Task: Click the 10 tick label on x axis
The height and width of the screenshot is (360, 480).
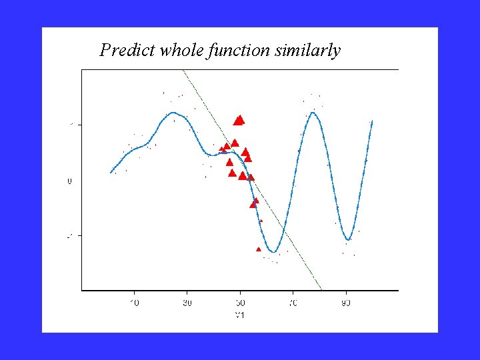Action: point(134,303)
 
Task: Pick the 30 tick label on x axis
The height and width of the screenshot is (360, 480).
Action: point(187,303)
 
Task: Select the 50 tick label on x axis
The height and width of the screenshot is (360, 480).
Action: point(240,303)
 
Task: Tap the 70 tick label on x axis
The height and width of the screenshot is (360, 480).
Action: point(293,303)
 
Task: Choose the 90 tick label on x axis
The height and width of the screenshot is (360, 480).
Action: point(346,303)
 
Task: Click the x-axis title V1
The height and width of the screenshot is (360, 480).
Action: point(240,315)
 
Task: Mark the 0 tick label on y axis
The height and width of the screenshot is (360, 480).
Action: point(69,181)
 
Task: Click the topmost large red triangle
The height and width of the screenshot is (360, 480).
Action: point(239,120)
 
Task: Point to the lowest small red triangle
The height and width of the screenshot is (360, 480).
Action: point(259,249)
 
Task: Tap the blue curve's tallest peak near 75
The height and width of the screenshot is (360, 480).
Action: point(313,112)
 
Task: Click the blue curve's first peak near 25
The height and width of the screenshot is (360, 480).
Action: point(173,113)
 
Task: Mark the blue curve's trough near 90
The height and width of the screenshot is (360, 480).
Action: point(348,239)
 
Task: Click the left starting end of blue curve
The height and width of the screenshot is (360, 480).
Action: point(111,173)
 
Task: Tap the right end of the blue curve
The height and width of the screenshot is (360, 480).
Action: point(372,121)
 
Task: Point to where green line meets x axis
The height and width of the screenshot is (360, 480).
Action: point(321,290)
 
